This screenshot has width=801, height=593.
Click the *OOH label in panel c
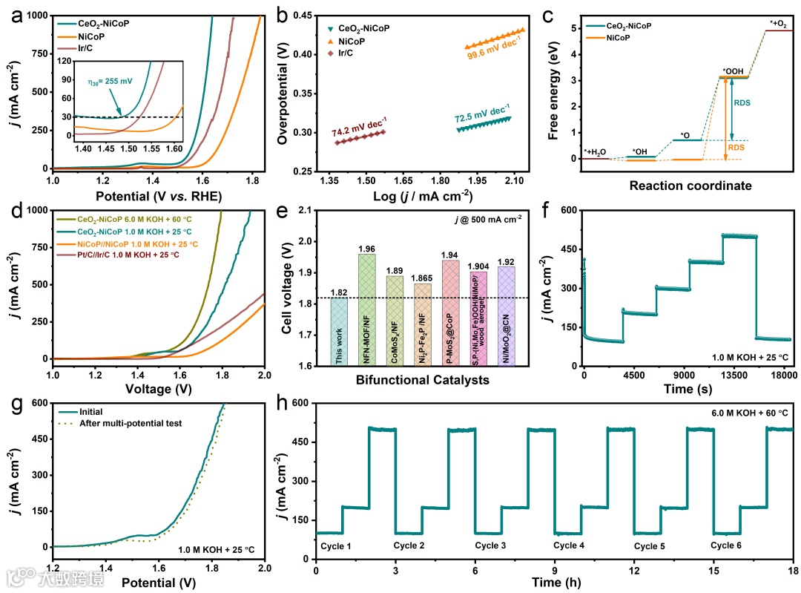(733, 71)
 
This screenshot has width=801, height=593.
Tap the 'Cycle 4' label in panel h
(568, 546)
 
